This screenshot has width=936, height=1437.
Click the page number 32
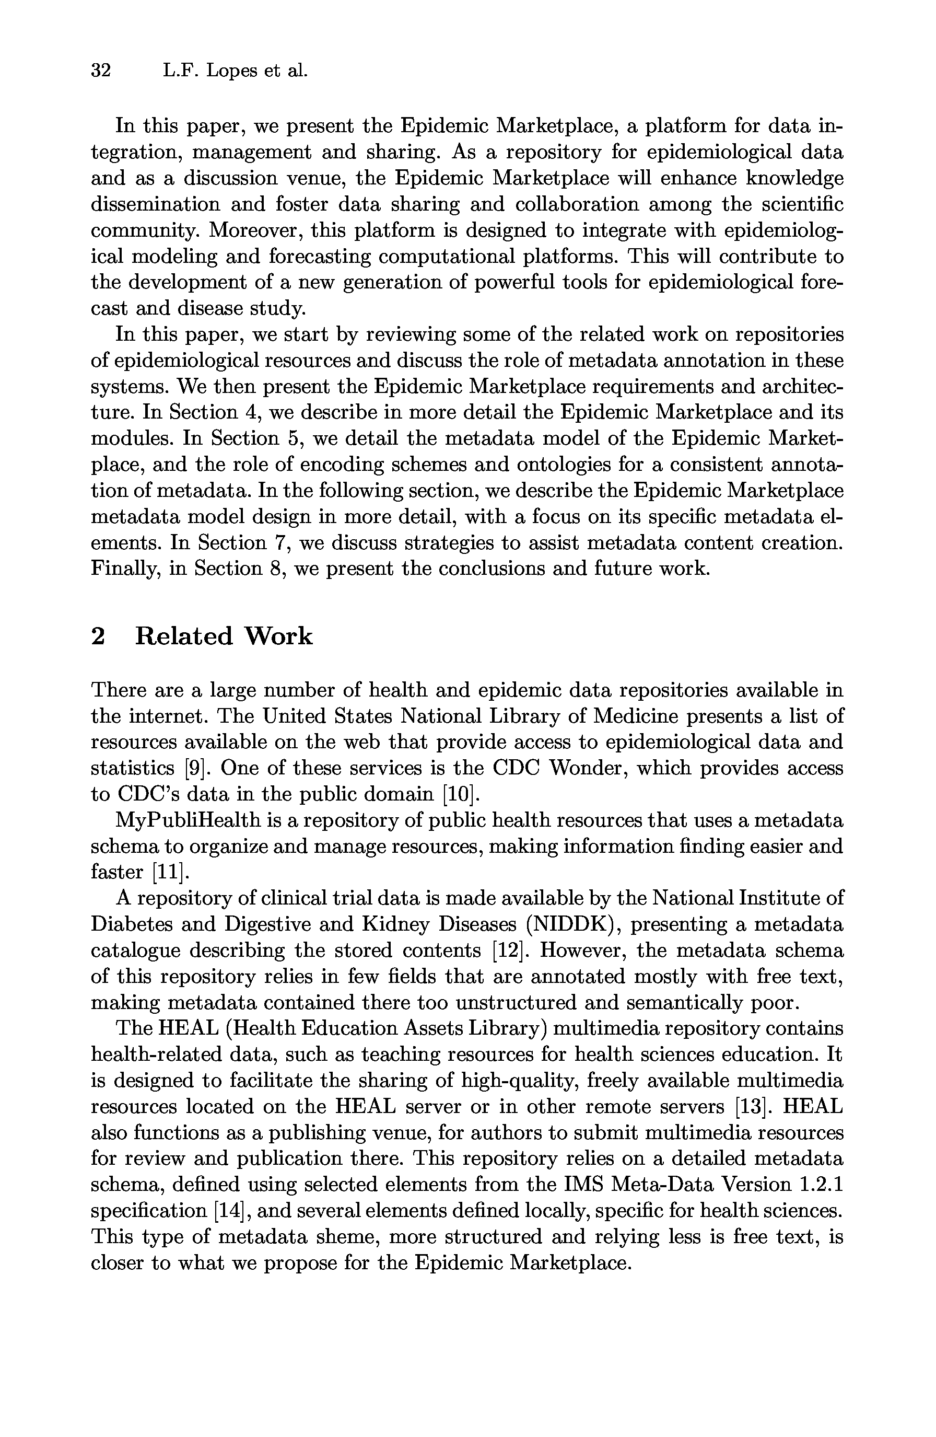101,71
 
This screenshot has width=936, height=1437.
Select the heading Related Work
223,636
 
